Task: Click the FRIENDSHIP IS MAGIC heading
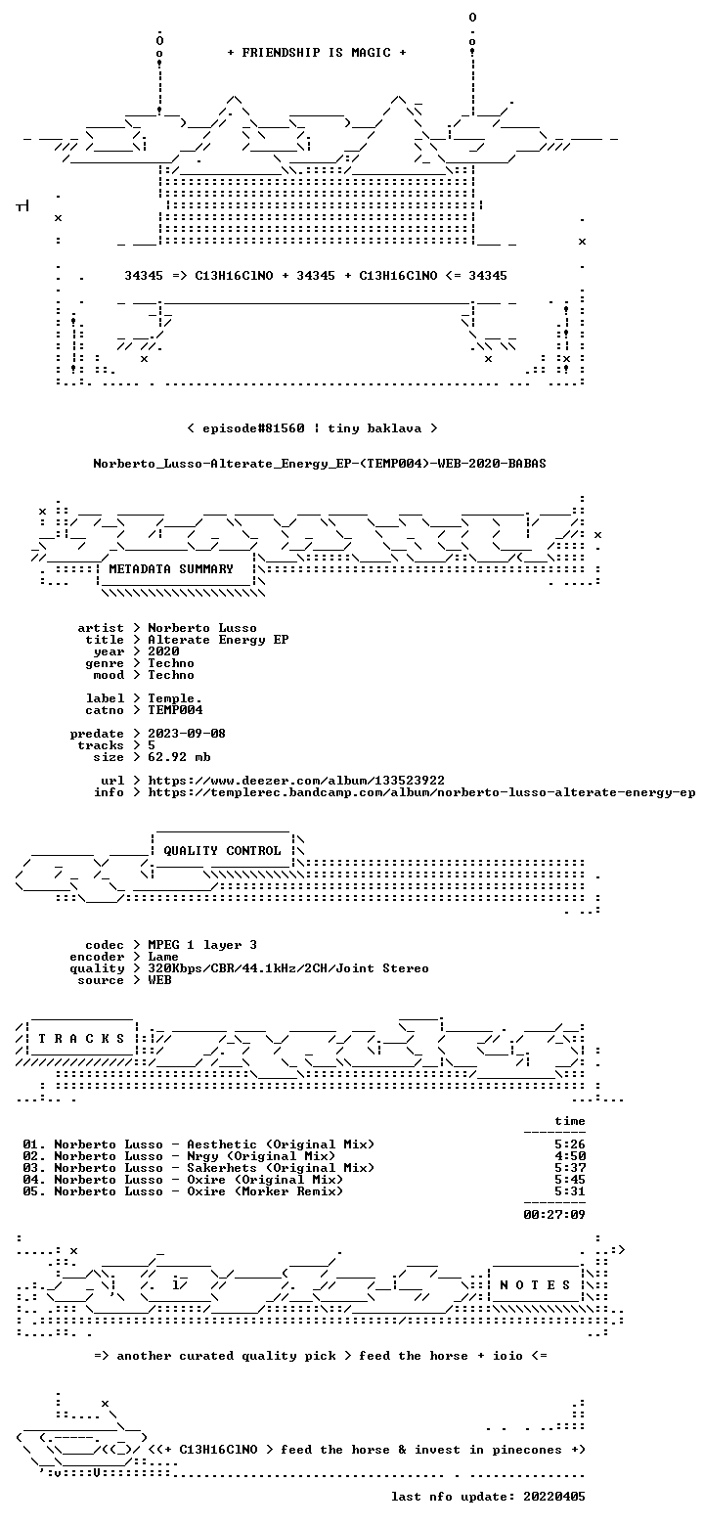(317, 53)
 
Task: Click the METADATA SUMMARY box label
(171, 569)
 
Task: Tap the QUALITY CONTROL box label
(222, 851)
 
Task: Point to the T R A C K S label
(82, 1039)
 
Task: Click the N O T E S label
(535, 1285)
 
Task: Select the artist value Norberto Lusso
(202, 628)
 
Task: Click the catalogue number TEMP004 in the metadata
(175, 710)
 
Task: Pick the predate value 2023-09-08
(187, 734)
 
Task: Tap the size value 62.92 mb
(179, 757)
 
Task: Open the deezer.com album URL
(296, 781)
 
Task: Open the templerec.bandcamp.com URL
(421, 792)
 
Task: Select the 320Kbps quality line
(288, 968)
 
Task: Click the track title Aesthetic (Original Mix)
(281, 1144)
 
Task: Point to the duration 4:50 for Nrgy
(570, 1156)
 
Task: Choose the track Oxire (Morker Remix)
(265, 1191)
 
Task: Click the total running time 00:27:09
(554, 1215)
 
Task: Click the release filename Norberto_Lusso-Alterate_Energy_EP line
(320, 464)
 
